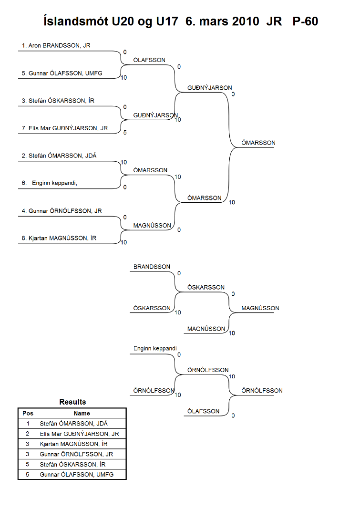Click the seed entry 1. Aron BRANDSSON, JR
pos(56,45)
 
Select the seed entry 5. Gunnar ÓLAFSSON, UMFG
pos(62,73)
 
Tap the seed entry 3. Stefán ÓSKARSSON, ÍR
pos(58,101)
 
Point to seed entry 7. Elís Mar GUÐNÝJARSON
pos(64,128)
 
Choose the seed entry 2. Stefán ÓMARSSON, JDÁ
pos(59,156)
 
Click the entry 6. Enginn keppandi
pos(49,183)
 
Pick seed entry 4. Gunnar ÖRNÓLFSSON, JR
pos(62,211)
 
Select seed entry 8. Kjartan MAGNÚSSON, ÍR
pos(59,238)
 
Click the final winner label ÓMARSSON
pos(258,143)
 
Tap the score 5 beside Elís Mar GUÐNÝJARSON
pos(125,132)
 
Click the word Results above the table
pos(72,402)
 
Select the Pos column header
pos(28,414)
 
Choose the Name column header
pos(82,414)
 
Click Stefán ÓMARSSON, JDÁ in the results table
pos(73,424)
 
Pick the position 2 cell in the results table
pos(27,434)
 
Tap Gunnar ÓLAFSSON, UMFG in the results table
pos(76,475)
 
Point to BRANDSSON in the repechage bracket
pos(152,267)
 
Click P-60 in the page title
pos(305,21)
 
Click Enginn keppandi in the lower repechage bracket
pos(155,349)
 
